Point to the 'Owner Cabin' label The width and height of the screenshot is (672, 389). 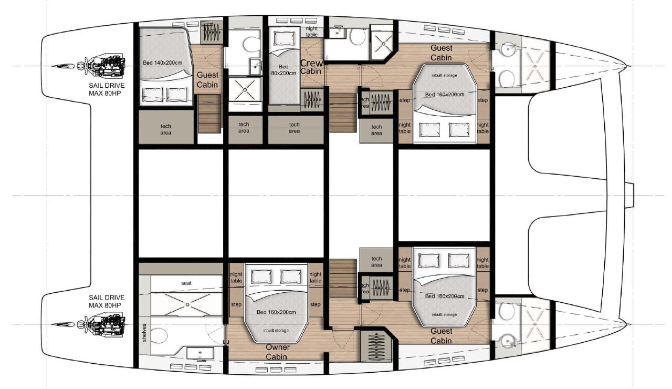tap(278, 352)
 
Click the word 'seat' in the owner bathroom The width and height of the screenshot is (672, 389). tap(186, 283)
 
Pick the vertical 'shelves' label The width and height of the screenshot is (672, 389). tap(144, 334)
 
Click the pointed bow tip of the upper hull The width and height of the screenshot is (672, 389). tap(628, 66)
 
